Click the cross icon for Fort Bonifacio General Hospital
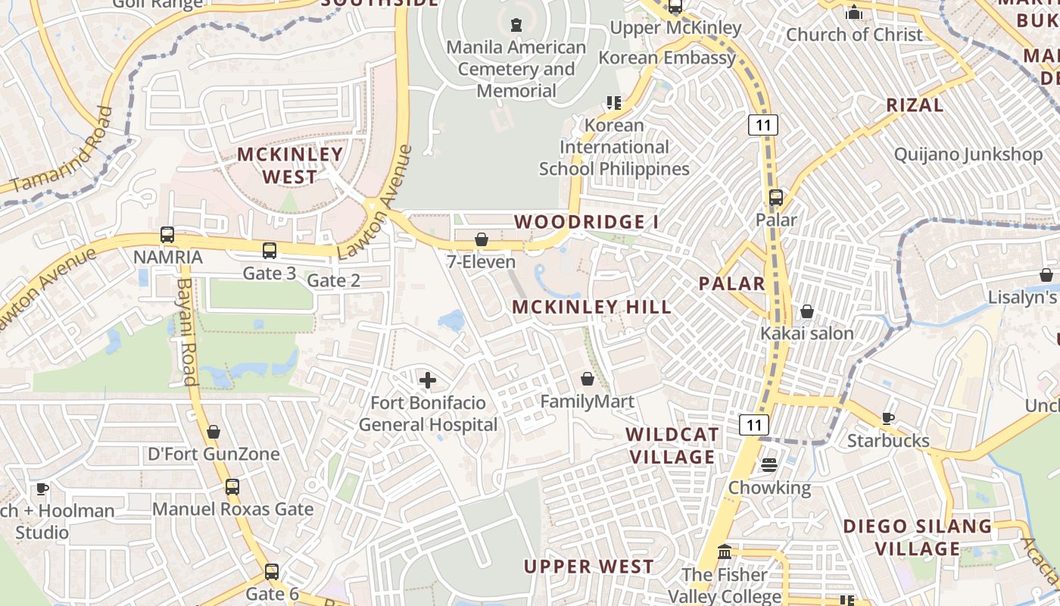coord(428,380)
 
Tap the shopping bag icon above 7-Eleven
coord(482,240)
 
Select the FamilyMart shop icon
coord(588,379)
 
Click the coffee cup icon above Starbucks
coord(888,418)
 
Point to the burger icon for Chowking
coord(769,465)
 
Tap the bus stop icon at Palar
coord(776,198)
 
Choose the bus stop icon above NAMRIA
coord(167,235)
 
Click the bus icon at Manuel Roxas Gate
coord(232,487)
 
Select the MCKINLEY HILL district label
coord(591,307)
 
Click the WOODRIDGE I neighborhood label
coord(587,222)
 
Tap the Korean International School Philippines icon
coord(613,103)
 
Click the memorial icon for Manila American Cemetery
coord(516,25)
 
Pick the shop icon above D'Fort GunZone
coord(214,432)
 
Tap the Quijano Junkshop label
coord(968,155)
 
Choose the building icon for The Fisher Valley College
coord(725,551)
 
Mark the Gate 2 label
coord(333,280)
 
